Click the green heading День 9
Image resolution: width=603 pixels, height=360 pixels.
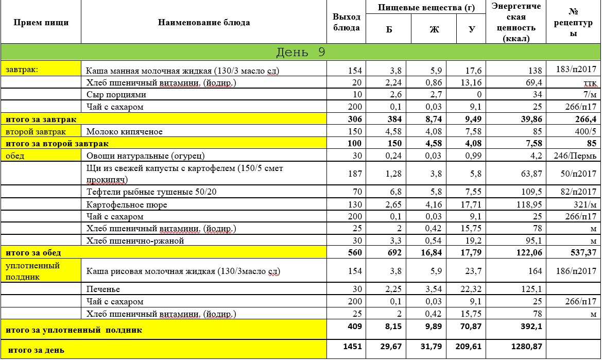tap(300, 53)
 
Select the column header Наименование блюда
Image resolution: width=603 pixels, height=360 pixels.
tap(204, 23)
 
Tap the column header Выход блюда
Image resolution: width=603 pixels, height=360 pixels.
tap(346, 23)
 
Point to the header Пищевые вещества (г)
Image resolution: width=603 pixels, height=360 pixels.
tap(426, 7)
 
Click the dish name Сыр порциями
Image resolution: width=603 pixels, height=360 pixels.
tap(116, 95)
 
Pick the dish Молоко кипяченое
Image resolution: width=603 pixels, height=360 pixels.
tap(124, 131)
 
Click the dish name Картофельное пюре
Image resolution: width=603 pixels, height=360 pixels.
tap(126, 204)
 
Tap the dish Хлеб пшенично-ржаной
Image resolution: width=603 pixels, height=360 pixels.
tap(134, 241)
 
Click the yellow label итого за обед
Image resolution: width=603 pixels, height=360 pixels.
tap(33, 252)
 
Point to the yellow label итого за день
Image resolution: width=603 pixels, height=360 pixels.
tap(35, 350)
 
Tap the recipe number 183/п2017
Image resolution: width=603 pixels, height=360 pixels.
tap(576, 71)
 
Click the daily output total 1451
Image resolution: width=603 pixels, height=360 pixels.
tap(352, 347)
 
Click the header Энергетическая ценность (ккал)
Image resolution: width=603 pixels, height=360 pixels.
tap(515, 23)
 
